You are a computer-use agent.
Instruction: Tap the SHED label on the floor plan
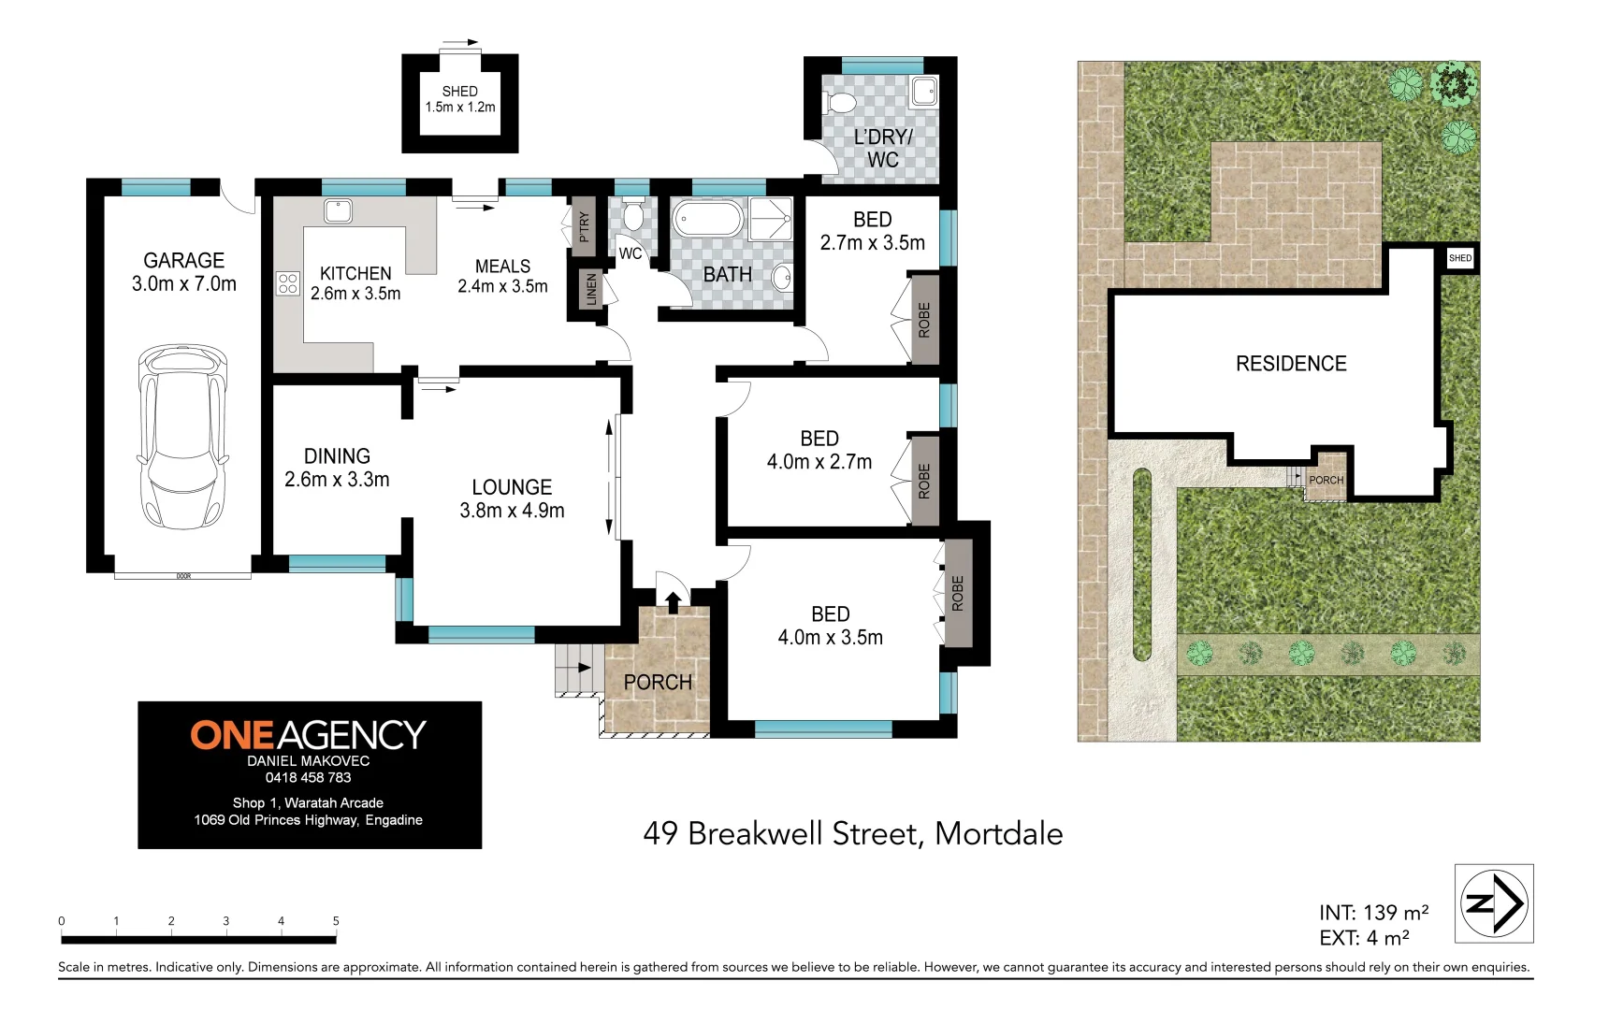pyautogui.click(x=459, y=92)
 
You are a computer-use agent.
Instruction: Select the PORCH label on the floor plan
pyautogui.click(x=658, y=683)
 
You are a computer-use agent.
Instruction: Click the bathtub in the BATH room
pyautogui.click(x=707, y=221)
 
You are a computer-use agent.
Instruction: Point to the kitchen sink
pyautogui.click(x=338, y=211)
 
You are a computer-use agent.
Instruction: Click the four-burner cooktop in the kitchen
pyautogui.click(x=287, y=283)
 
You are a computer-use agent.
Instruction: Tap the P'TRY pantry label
pyautogui.click(x=584, y=226)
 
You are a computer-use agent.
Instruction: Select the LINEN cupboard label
pyautogui.click(x=590, y=290)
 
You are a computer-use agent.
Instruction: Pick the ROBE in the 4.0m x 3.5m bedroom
pyautogui.click(x=958, y=594)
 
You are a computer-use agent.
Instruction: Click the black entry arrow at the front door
pyautogui.click(x=673, y=601)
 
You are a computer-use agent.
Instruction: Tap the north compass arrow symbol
pyautogui.click(x=1494, y=903)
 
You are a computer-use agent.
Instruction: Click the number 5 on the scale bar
pyautogui.click(x=336, y=921)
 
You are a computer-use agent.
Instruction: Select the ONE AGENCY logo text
pyautogui.click(x=309, y=735)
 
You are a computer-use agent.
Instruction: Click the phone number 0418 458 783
pyautogui.click(x=309, y=777)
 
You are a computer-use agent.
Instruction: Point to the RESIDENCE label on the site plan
pyautogui.click(x=1291, y=364)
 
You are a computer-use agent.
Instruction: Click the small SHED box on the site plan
pyautogui.click(x=1459, y=258)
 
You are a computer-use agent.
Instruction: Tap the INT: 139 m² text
pyautogui.click(x=1373, y=913)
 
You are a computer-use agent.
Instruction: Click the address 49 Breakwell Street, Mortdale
pyautogui.click(x=852, y=833)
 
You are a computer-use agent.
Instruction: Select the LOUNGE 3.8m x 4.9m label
pyautogui.click(x=512, y=498)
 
